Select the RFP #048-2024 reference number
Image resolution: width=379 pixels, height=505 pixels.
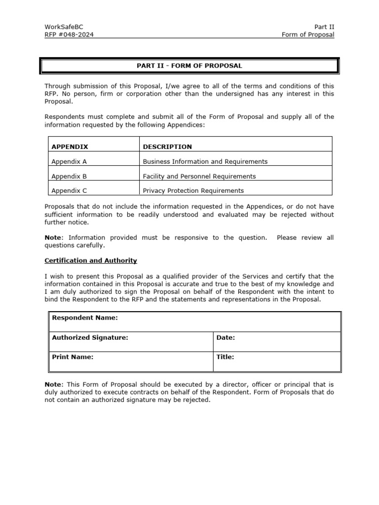click(x=69, y=35)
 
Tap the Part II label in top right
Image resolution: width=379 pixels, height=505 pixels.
click(x=324, y=27)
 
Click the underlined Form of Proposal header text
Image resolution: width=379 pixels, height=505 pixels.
click(x=307, y=35)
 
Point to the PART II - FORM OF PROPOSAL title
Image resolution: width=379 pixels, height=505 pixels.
click(x=189, y=66)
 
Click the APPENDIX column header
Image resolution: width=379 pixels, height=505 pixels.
click(x=70, y=146)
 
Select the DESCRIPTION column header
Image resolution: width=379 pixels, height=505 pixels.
click(x=167, y=146)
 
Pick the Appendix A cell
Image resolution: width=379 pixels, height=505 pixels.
click(x=69, y=161)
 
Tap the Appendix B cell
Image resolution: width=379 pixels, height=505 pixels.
click(x=69, y=176)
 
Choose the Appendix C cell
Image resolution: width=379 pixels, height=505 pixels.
click(x=69, y=190)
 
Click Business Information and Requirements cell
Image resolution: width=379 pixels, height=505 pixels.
click(x=205, y=161)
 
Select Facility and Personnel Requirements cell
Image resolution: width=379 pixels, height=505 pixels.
click(x=199, y=176)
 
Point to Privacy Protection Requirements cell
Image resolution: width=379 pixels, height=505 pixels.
click(x=193, y=190)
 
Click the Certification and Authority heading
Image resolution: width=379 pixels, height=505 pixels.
click(x=91, y=260)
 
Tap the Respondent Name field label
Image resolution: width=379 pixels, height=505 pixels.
click(x=84, y=318)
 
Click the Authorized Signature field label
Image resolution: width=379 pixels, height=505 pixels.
click(x=90, y=337)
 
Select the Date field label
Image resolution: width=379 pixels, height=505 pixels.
click(x=226, y=337)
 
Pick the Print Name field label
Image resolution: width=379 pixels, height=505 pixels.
click(x=73, y=357)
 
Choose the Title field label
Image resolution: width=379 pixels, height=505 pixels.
click(x=225, y=357)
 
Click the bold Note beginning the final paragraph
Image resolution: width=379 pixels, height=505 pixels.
click(x=54, y=384)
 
